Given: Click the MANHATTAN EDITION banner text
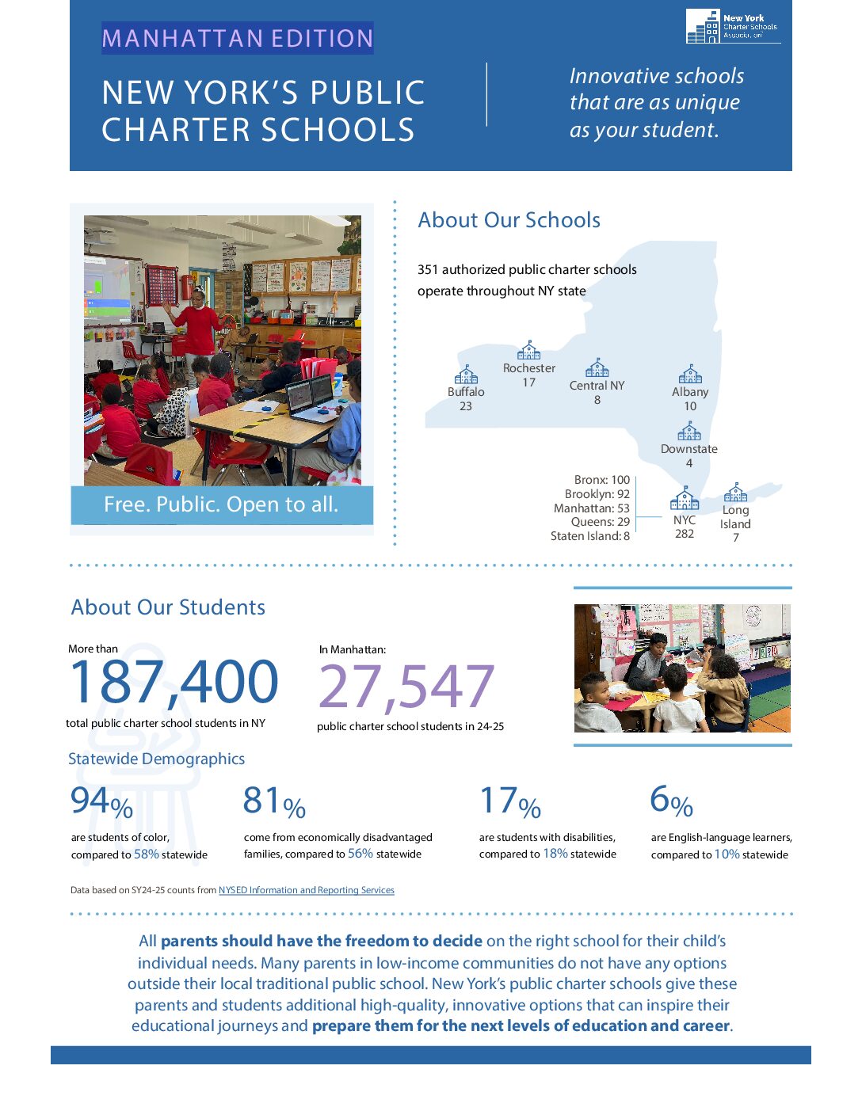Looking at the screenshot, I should tap(237, 38).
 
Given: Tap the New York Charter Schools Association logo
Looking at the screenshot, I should tap(732, 26).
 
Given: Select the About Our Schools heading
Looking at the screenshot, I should tap(509, 220).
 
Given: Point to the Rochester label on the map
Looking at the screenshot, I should tap(528, 368).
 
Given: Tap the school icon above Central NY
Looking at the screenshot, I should tap(597, 367).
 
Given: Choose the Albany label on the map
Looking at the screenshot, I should tap(690, 392).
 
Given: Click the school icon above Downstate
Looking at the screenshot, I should tap(689, 431).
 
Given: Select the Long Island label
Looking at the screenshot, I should tap(735, 517).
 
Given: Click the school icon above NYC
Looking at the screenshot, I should tap(685, 499).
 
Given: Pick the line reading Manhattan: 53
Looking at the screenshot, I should tap(591, 508).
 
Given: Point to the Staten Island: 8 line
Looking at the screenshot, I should tap(590, 536).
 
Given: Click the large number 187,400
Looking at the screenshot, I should tap(174, 683).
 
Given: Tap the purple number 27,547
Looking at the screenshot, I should tap(406, 687).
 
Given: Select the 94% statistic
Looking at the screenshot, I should tap(101, 801).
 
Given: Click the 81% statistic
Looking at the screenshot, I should tap(274, 801).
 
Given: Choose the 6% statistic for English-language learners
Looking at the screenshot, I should tap(671, 801).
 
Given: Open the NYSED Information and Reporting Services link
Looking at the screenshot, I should tap(306, 890).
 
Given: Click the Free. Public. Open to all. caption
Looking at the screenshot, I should tap(221, 504).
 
